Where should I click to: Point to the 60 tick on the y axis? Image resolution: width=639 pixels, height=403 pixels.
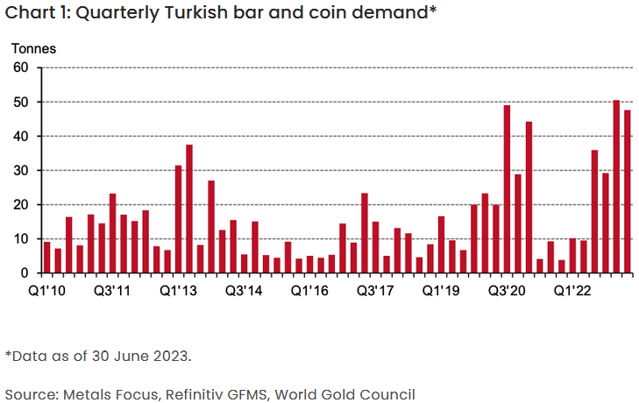pyautogui.click(x=22, y=67)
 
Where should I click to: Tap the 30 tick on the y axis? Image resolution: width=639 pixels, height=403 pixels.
pyautogui.click(x=22, y=170)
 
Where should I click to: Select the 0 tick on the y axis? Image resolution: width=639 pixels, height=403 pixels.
pyautogui.click(x=26, y=273)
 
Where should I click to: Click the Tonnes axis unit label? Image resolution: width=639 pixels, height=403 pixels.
pyautogui.click(x=32, y=49)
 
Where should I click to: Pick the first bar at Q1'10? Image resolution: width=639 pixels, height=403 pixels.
pyautogui.click(x=46, y=258)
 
